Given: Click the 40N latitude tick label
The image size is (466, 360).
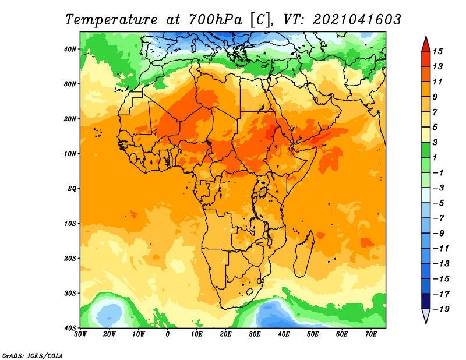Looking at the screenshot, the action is click(70, 49).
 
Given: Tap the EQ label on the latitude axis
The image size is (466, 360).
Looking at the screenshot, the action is click(72, 189).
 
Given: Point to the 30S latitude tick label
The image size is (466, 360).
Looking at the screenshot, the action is click(70, 294).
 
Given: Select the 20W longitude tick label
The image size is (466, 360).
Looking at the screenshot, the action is click(110, 334).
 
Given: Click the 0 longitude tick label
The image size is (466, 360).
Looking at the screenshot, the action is click(168, 334).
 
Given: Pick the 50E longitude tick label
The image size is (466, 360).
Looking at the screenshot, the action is click(313, 334).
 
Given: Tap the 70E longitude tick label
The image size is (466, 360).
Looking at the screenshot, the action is click(371, 334).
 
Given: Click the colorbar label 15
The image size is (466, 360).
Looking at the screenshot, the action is click(437, 51).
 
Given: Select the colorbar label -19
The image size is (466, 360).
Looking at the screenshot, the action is click(441, 309).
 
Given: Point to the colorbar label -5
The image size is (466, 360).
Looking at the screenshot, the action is click(439, 203).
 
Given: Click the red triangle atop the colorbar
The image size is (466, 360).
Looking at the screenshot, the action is click(426, 44).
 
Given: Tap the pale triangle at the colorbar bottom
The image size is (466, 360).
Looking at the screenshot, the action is click(426, 316).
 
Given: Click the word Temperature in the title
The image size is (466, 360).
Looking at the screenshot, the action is click(111, 20).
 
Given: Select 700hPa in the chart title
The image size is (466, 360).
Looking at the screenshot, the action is click(215, 20).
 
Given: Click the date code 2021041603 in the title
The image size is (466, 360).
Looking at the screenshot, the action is click(356, 20).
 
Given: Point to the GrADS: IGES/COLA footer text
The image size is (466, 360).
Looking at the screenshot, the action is click(33, 355).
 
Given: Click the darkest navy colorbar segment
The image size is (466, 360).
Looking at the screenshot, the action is click(426, 301).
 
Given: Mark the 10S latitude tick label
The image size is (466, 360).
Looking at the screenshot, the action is click(70, 224).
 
